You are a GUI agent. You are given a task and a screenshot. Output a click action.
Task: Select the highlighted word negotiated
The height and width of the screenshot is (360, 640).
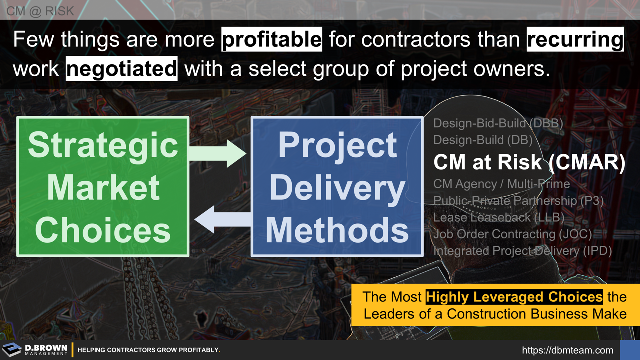(x=121, y=69)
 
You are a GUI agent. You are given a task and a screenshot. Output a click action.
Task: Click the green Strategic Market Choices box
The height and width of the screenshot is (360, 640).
(x=103, y=186)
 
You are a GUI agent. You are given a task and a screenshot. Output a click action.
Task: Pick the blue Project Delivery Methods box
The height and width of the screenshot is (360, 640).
(x=337, y=186)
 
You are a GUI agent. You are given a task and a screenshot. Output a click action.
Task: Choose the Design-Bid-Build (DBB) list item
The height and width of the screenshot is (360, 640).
(x=498, y=123)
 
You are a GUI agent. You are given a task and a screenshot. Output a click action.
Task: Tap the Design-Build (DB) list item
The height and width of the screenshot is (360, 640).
(x=483, y=140)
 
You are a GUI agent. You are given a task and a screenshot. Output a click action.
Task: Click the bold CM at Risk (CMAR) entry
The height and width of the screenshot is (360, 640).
(x=529, y=162)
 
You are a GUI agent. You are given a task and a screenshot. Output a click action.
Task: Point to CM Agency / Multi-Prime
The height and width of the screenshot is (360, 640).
(x=501, y=184)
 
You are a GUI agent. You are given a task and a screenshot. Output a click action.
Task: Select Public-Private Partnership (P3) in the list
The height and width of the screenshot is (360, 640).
(x=518, y=201)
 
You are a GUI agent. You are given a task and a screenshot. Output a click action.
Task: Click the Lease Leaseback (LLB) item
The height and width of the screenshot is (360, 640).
(x=498, y=217)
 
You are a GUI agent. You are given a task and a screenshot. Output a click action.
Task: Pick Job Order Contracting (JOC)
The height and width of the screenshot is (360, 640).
(x=512, y=234)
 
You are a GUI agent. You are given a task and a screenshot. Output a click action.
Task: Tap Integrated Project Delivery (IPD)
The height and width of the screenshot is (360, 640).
(x=522, y=251)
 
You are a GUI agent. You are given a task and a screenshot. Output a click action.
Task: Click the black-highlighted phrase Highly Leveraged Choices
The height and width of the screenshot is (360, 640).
(x=514, y=297)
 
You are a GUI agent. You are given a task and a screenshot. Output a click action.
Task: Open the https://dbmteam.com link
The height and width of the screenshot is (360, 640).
(x=567, y=350)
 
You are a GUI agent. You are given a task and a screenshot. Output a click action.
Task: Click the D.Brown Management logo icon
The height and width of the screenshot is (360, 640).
(x=12, y=350)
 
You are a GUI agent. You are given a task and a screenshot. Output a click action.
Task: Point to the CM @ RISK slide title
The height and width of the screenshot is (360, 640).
(x=40, y=10)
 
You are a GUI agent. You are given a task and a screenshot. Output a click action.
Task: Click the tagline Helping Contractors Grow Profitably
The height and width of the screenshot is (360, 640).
(x=149, y=350)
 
